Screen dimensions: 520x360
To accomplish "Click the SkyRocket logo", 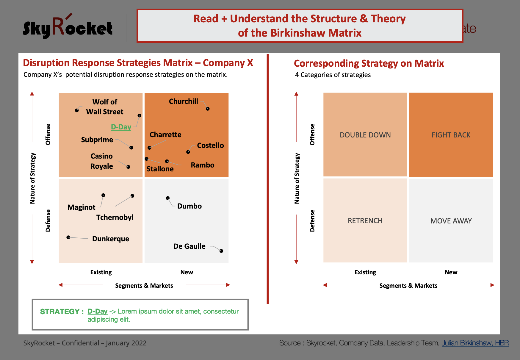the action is tap(68, 27).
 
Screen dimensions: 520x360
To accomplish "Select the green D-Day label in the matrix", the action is tap(121, 127).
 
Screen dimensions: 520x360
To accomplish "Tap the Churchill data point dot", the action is tap(208, 109).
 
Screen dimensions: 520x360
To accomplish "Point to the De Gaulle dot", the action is tap(221, 251).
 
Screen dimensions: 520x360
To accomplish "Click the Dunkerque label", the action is tap(111, 239).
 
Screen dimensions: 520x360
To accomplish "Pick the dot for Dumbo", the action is tap(168, 198).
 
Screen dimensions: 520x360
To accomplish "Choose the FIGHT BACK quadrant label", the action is tap(451, 135).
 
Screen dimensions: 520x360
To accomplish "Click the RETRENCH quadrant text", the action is tap(365, 221).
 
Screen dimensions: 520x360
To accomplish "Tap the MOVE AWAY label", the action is tap(451, 221).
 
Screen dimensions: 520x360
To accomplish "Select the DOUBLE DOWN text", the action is tap(365, 135).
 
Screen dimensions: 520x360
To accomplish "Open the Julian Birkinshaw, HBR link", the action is tap(475, 343).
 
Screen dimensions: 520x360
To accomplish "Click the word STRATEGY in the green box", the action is tap(59, 312).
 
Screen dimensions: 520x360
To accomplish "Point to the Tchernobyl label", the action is tap(115, 217).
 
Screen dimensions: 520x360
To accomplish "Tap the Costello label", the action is tap(210, 145).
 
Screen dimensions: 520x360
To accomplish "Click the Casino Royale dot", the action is tap(129, 167).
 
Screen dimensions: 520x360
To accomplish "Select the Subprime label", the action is tap(97, 140).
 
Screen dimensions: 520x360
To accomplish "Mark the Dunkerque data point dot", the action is tap(68, 237).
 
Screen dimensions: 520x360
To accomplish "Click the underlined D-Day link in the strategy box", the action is tap(97, 312).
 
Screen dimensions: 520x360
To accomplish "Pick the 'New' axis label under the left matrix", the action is tap(187, 272).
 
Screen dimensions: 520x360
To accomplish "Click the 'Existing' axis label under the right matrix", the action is tap(365, 272).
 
